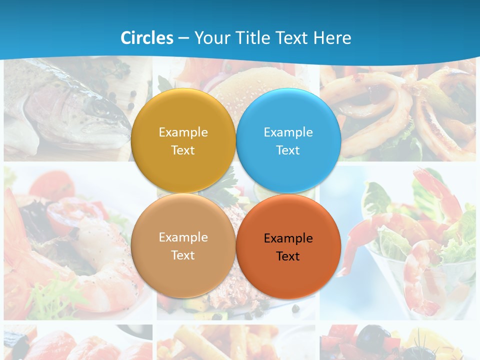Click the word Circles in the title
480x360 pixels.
pos(147,38)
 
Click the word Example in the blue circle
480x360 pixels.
pos(288,132)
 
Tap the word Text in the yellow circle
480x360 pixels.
pos(183,150)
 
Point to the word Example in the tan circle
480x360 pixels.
pos(183,237)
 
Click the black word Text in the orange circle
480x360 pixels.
pos(288,256)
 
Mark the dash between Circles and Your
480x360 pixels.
pos(183,38)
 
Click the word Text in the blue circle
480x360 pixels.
pos(288,150)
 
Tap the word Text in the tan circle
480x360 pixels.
pos(183,255)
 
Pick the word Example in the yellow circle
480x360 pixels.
pos(183,132)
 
